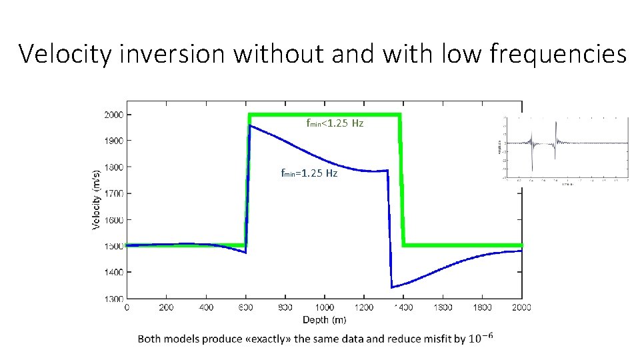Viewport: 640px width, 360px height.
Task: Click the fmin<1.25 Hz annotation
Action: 335,123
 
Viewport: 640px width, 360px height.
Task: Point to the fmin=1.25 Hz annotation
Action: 309,173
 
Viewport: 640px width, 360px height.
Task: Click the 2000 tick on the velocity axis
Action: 113,115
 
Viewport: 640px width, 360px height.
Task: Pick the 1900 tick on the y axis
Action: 113,141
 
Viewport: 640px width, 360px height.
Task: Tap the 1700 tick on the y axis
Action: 113,193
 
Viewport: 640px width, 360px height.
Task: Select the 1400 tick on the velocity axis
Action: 113,272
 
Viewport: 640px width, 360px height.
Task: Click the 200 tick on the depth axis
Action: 166,307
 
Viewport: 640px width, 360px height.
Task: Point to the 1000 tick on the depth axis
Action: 325,307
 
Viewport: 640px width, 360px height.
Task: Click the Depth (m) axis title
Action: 325,320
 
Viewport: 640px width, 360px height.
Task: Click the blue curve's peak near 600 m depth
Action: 249,125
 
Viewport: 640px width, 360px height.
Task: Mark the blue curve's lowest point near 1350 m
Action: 392,287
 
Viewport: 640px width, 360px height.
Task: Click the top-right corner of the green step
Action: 400,115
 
